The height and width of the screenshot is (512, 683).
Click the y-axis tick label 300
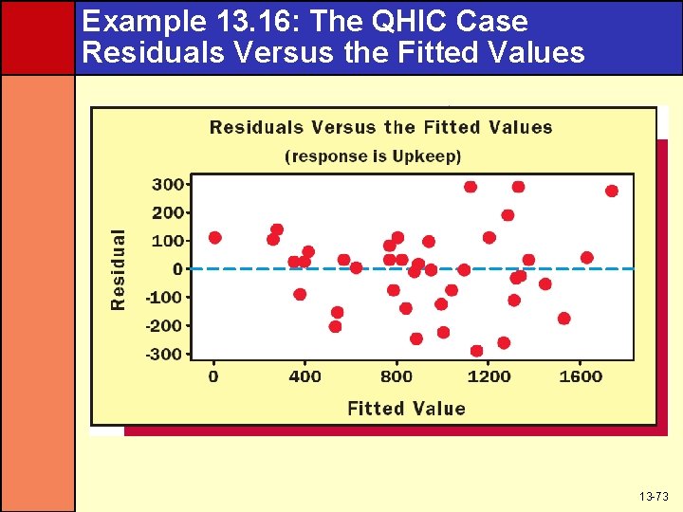coord(168,184)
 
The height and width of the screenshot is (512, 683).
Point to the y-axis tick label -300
coord(165,355)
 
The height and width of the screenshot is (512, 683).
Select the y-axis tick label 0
coord(177,269)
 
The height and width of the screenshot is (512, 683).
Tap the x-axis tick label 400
coord(305,376)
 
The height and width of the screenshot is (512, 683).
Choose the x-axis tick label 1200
coord(489,376)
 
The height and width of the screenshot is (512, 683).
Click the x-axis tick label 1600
coord(581,376)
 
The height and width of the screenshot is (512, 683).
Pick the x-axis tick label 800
coord(397,376)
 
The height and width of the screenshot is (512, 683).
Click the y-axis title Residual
coord(119,269)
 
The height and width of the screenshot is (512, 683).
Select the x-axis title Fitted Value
coord(406,409)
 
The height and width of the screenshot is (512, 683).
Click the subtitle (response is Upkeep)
coord(373,155)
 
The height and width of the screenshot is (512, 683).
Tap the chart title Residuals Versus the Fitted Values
coord(380,127)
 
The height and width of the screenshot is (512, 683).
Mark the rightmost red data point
coord(611,191)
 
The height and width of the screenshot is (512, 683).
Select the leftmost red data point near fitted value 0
coord(214,237)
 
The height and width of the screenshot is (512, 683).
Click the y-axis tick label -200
coord(165,325)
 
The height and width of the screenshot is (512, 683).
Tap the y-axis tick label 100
coord(168,241)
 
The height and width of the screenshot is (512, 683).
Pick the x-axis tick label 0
coord(213,376)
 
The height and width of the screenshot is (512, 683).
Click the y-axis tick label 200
coord(168,212)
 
